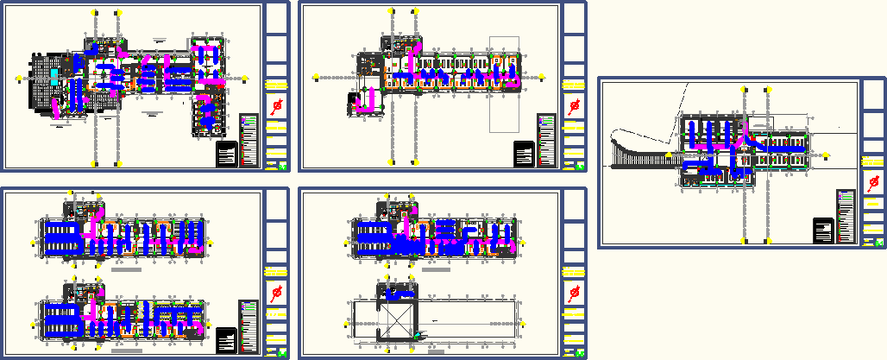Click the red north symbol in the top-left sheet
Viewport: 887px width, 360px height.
pos(278,106)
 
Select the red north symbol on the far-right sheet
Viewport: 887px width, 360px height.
pos(871,183)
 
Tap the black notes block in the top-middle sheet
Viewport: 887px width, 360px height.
pos(524,155)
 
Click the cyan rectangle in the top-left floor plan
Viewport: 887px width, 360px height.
pos(54,76)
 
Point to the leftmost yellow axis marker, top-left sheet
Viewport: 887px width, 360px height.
pos(18,78)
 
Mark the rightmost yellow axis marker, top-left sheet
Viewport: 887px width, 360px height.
pos(246,78)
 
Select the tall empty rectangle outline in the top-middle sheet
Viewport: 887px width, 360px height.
pos(505,84)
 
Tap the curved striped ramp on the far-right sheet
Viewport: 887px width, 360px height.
pos(639,155)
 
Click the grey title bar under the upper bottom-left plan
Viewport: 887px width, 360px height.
pos(126,270)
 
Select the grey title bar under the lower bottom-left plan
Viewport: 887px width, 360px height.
pos(126,351)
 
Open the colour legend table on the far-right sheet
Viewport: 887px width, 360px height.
pos(846,216)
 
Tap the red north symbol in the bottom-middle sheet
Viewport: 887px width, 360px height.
pos(574,294)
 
